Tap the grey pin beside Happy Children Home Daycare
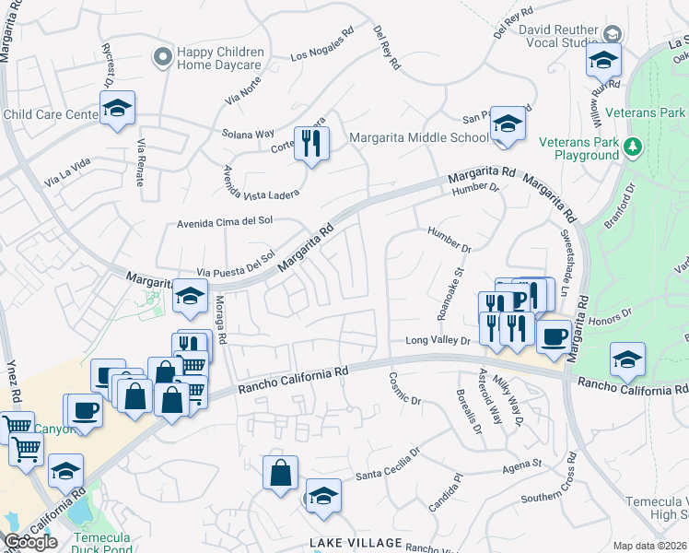[163, 58]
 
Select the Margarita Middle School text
[419, 138]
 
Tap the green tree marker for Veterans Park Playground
[632, 147]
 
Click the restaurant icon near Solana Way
[311, 143]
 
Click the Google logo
[30, 542]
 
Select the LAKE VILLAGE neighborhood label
[356, 542]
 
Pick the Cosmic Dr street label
[404, 389]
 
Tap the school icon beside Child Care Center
[117, 108]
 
